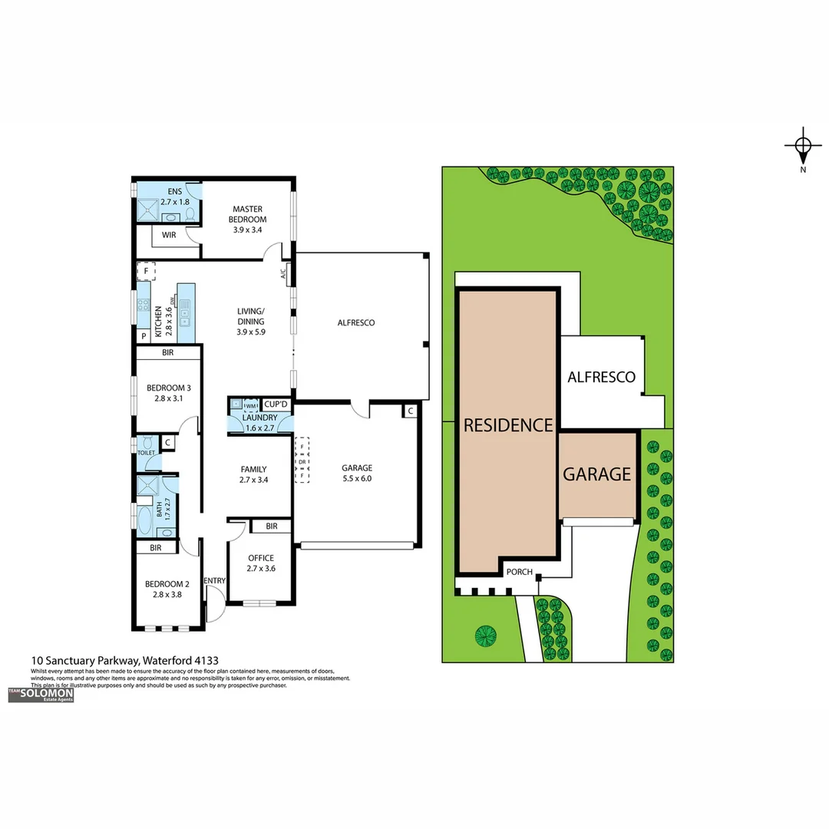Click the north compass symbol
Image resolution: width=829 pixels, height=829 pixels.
[x=803, y=147]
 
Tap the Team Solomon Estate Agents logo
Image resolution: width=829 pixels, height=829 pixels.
[x=41, y=695]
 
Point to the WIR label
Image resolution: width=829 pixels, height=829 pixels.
[x=169, y=236]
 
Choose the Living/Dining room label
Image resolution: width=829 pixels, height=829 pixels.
[x=250, y=322]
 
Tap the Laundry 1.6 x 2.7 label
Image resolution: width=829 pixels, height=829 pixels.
[x=259, y=422]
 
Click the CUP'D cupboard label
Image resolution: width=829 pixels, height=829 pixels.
[x=276, y=404]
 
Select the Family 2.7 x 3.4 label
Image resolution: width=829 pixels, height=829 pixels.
[x=253, y=474]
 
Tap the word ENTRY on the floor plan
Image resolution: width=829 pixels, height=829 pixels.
[x=215, y=581]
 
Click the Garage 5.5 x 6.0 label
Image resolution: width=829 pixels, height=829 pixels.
[x=357, y=473]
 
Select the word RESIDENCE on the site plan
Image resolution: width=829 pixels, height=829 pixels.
[x=507, y=425]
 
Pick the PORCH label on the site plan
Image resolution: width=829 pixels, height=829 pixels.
[x=519, y=572]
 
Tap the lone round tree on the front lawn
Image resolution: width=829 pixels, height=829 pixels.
[x=485, y=636]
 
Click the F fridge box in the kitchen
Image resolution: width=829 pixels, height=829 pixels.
[x=146, y=272]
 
